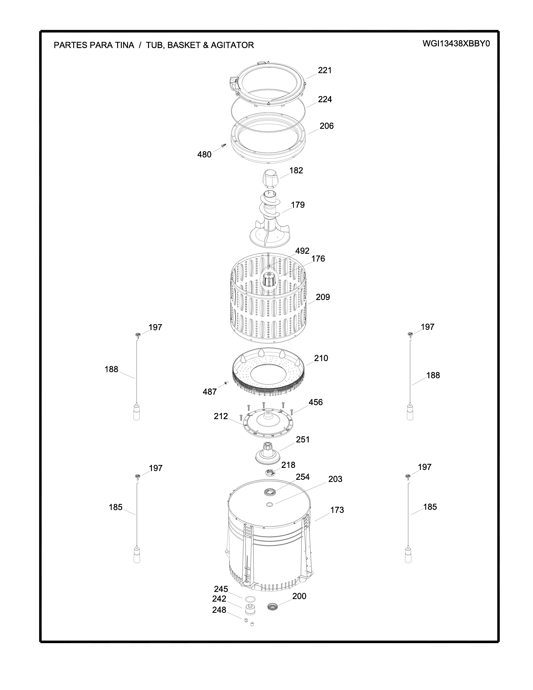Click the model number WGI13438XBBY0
coord(456,44)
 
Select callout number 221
coord(325,70)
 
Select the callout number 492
coord(302,251)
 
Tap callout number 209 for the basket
coord(323,297)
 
